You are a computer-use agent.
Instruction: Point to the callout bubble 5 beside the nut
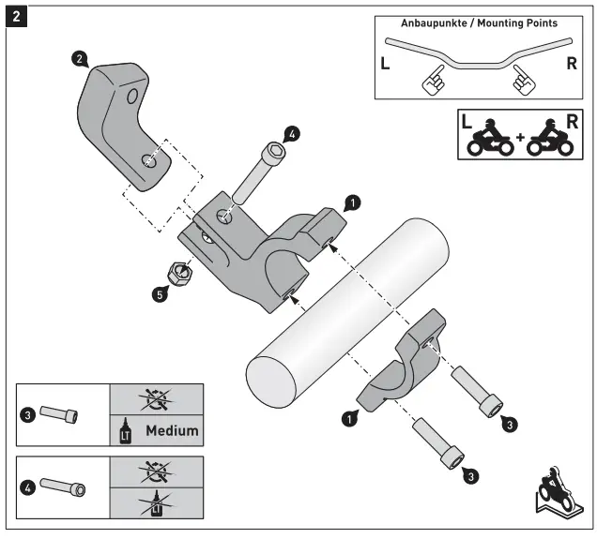point(161,293)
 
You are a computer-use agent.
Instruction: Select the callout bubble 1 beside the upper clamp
point(350,202)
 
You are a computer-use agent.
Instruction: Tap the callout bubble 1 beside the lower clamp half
point(348,419)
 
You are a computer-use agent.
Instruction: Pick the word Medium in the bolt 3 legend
point(172,431)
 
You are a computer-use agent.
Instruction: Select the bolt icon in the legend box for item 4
point(63,489)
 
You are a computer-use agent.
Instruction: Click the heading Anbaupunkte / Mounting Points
point(479,22)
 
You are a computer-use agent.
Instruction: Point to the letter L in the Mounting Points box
point(386,65)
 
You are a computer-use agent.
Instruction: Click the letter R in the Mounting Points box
point(573,65)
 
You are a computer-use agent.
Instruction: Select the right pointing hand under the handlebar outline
point(523,82)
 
